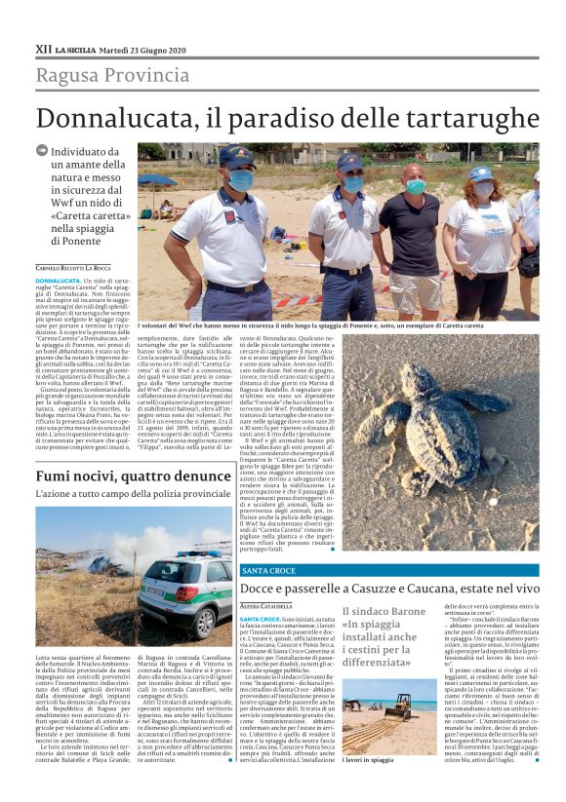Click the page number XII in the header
pyautogui.click(x=43, y=50)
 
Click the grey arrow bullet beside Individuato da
pyautogui.click(x=41, y=151)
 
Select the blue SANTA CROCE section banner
pyautogui.click(x=388, y=570)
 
